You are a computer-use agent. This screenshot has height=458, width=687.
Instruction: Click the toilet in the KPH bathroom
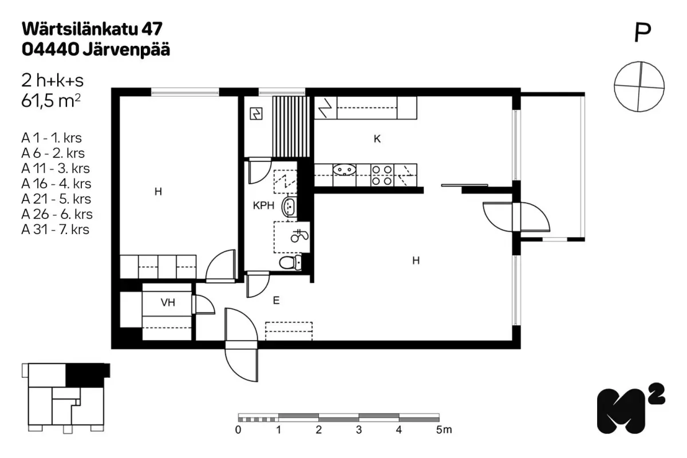click(x=290, y=263)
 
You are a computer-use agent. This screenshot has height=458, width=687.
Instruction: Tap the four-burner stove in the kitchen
click(x=382, y=175)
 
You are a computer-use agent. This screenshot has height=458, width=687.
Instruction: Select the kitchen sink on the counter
click(x=344, y=169)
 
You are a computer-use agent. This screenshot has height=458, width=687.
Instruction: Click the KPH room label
click(x=263, y=206)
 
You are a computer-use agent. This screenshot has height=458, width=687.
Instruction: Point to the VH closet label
click(x=168, y=302)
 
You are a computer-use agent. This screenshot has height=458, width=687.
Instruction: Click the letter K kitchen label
click(x=377, y=139)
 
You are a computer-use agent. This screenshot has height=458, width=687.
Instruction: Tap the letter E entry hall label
click(x=276, y=301)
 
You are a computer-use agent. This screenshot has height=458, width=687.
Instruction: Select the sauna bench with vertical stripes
click(x=291, y=127)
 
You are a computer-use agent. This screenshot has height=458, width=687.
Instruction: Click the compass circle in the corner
click(x=639, y=86)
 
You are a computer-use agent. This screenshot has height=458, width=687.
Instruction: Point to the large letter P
click(x=642, y=33)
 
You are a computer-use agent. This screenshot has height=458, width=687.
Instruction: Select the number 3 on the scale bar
click(x=359, y=430)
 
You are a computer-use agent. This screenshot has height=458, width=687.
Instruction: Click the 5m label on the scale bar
click(x=444, y=430)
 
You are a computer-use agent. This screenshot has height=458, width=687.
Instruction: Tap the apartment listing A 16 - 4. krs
click(x=56, y=184)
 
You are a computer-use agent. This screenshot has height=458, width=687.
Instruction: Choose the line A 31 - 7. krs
click(x=55, y=230)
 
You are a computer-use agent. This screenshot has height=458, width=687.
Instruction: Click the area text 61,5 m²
click(x=51, y=101)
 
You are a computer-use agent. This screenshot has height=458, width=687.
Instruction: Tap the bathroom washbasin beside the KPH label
click(x=289, y=207)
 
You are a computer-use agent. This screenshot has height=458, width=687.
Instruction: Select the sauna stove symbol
click(x=256, y=113)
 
